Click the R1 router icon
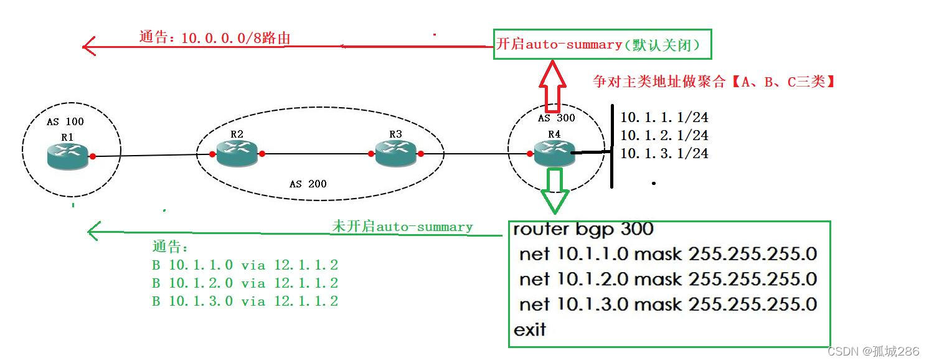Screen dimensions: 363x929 (68, 155)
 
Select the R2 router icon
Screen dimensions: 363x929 (237, 153)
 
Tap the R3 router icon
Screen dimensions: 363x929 (396, 153)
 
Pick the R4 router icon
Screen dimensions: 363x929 (554, 153)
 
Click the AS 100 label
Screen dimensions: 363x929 (65, 121)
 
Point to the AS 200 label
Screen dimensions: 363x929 (308, 184)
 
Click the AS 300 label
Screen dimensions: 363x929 (556, 118)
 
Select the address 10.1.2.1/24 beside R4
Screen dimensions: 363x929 (664, 135)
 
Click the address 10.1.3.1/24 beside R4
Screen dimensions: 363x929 (664, 153)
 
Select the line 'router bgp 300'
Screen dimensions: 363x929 (583, 229)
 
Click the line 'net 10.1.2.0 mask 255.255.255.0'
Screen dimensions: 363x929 (667, 279)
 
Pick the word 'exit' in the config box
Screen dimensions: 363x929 (529, 329)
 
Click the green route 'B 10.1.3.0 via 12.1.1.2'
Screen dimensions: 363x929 (245, 301)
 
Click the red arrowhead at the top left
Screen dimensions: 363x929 (89, 46)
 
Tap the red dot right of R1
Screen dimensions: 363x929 (93, 156)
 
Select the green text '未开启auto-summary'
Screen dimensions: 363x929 (402, 227)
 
